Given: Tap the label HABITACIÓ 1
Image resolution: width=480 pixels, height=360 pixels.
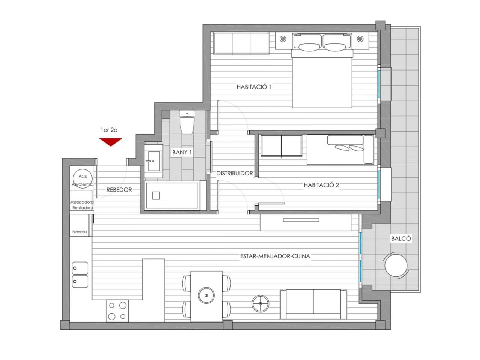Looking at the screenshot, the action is coord(254,87).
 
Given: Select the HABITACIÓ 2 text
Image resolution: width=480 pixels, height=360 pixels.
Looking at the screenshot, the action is coord(321,185).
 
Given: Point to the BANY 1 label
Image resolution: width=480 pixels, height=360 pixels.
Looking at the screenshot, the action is coord(182,152).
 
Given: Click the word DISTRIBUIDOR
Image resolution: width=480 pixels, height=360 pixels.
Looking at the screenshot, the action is coord(235,173).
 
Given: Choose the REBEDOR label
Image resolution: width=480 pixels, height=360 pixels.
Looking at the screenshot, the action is coord(119,190).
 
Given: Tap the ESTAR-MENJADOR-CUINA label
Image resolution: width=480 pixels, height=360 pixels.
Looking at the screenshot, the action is coord(275,256).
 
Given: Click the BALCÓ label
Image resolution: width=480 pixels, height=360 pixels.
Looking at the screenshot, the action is coord(401,238).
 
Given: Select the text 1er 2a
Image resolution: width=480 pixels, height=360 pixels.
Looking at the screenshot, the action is coord(109,130).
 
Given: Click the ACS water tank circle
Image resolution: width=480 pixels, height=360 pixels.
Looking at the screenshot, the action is coord(82,177).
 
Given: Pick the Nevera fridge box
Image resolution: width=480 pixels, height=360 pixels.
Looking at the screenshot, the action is coord(79,225).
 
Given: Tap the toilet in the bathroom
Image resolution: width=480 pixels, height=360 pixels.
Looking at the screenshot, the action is coord(187,122).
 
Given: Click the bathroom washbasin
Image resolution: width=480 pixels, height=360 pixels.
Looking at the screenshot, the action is coord(153,161).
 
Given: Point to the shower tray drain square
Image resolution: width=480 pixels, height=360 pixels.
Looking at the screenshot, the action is coord(156,196).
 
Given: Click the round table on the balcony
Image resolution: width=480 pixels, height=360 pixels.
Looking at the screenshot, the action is coord(396,265).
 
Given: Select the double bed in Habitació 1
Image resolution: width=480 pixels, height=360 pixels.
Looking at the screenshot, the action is coord(322,70).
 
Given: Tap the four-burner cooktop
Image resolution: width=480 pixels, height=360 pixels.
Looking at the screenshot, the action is coord(117,310).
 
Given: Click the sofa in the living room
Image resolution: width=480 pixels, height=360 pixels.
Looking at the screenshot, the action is coord(313,304).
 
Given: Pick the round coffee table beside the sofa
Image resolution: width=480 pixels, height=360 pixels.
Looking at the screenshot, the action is coord(261,304).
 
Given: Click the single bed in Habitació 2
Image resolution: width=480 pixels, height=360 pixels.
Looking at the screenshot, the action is coord(340,150).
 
